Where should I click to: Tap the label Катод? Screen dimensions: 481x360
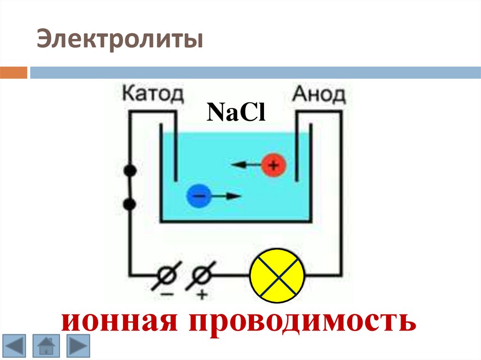coord(153,94)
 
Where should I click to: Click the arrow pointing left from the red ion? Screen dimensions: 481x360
coord(245,165)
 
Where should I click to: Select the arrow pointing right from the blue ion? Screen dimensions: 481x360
coord(226,196)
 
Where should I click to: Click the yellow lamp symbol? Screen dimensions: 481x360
coord(278,276)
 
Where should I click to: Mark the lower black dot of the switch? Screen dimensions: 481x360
coord(131,204)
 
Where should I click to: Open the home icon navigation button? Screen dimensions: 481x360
coord(46,347)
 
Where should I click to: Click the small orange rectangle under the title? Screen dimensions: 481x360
coord(14,73)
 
